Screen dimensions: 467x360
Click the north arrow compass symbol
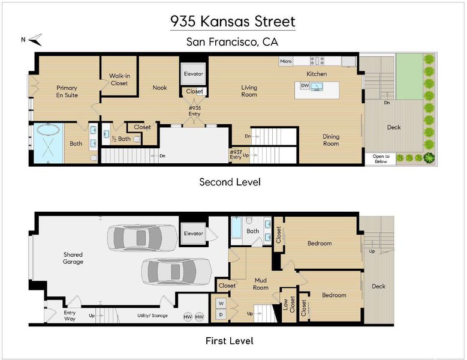pos(37,40)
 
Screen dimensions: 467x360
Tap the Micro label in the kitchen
pos(285,61)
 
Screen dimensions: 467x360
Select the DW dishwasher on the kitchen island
pos(305,86)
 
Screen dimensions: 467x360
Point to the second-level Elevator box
pos(193,74)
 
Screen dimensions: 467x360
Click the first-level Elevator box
pos(193,233)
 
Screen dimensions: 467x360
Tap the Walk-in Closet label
pos(119,80)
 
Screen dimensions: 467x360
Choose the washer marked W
pos(221,304)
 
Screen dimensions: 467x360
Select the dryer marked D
pos(221,314)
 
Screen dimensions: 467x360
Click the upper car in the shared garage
pos(142,238)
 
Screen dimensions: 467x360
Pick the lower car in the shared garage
pos(177,271)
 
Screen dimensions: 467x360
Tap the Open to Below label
pos(381,159)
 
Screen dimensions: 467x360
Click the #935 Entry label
pos(194,111)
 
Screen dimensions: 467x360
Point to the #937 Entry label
pos(236,155)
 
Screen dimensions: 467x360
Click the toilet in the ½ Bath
pos(137,139)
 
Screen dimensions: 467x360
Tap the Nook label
pos(159,88)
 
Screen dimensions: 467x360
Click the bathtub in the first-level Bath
pos(236,227)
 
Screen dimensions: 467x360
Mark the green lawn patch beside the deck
pos(409,76)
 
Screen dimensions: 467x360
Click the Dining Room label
pos(331,140)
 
